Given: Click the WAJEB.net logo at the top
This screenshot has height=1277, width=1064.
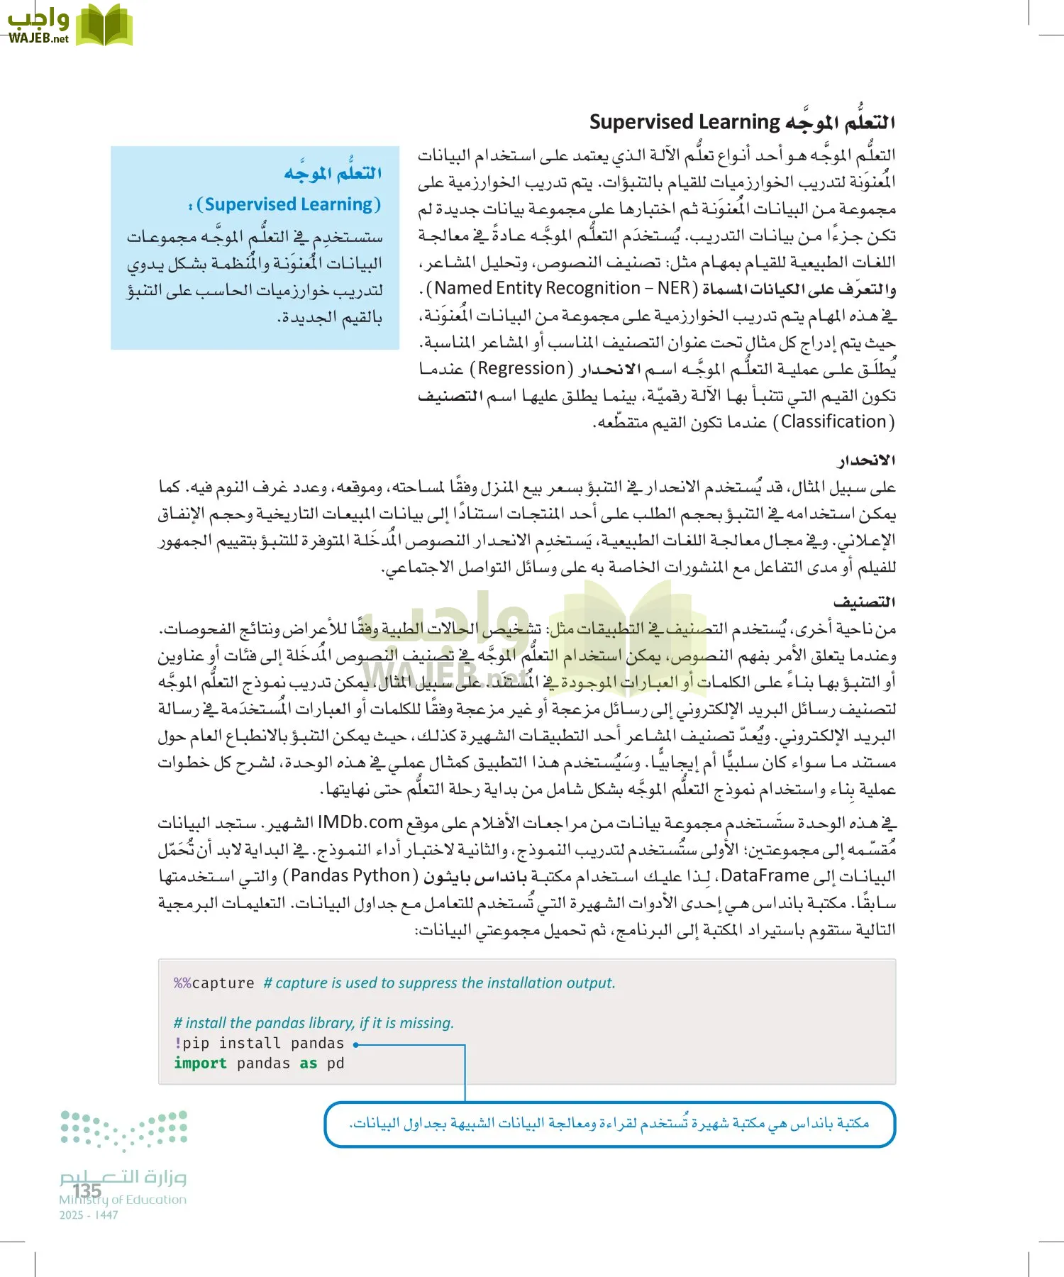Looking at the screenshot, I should (70, 26).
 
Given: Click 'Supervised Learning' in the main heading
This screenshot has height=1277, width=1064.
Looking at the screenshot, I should (685, 122).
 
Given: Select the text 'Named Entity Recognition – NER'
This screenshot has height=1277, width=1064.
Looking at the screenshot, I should (562, 288).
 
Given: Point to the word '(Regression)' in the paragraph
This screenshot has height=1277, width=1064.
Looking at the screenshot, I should (525, 368).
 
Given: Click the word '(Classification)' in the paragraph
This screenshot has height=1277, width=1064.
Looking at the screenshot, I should (833, 422).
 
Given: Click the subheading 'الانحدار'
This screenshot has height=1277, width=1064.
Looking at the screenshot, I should (866, 460).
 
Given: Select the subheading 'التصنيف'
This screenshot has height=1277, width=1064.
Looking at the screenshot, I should (864, 602).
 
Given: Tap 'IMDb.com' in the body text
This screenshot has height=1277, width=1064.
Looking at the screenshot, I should (360, 822).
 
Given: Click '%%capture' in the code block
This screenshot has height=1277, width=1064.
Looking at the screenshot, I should (214, 983).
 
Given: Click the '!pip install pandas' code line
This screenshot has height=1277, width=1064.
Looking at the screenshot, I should (259, 1044).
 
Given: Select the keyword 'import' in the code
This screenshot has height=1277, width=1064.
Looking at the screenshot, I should (200, 1063).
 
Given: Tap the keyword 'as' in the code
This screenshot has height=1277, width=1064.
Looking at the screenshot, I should (308, 1063).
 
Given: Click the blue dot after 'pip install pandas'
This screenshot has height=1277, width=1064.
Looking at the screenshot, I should (356, 1044).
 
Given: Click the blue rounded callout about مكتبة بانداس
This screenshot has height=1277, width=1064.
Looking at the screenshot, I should (609, 1124).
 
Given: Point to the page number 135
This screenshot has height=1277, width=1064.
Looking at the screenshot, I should (87, 1190).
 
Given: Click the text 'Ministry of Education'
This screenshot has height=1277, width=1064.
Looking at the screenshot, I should (123, 1200).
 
